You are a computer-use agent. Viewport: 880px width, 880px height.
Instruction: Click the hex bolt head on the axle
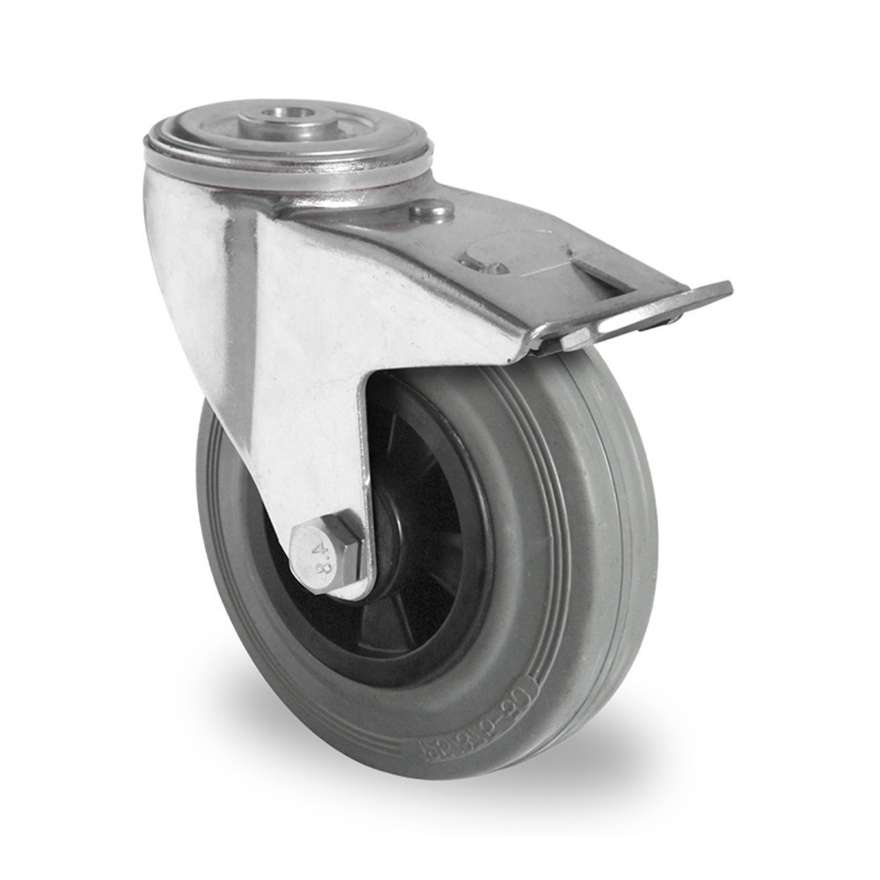(x=326, y=554)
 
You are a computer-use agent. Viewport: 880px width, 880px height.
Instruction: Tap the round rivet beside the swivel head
(x=432, y=210)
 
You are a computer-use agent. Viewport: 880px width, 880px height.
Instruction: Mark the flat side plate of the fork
(x=317, y=352)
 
